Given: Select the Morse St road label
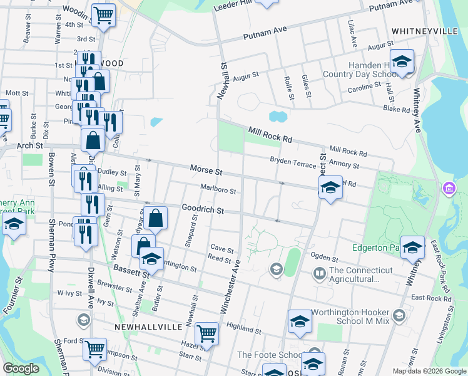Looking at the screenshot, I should tap(206, 170).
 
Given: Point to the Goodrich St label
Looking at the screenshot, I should tap(203, 209).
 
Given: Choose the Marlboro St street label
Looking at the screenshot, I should tap(218, 189).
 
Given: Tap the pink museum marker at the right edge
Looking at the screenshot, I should tap(448, 188).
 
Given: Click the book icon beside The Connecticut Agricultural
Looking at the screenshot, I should tap(319, 273).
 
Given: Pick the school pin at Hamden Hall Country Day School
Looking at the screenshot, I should tap(404, 62).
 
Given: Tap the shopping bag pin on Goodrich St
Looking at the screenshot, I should tap(156, 218).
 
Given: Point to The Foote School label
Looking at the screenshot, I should tap(262, 355).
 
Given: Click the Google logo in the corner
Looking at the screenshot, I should tap(21, 368).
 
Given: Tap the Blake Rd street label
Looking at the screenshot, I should tap(397, 109).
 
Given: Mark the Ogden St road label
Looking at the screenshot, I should tap(324, 258).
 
